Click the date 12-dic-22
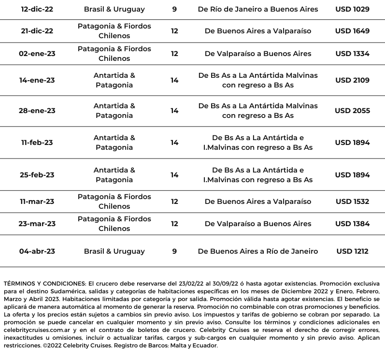click(37, 9)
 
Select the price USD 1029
click(352, 9)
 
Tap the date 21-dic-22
click(37, 31)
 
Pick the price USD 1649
click(352, 31)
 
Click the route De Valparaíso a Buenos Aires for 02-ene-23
click(258, 54)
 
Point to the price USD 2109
click(352, 80)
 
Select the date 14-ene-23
click(37, 80)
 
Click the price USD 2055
click(352, 111)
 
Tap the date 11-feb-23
click(37, 143)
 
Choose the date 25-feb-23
click(37, 175)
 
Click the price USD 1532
click(352, 202)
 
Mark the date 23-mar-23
click(37, 224)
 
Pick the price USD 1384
click(352, 224)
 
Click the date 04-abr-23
click(37, 251)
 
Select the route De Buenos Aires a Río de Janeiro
click(258, 251)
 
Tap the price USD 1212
click(352, 251)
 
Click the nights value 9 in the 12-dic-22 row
click(174, 9)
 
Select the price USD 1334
click(352, 54)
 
